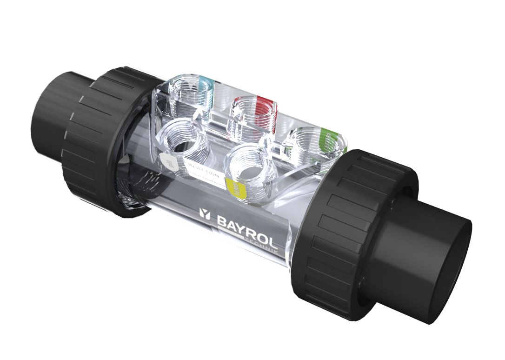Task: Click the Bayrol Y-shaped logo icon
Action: tap(205, 214)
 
